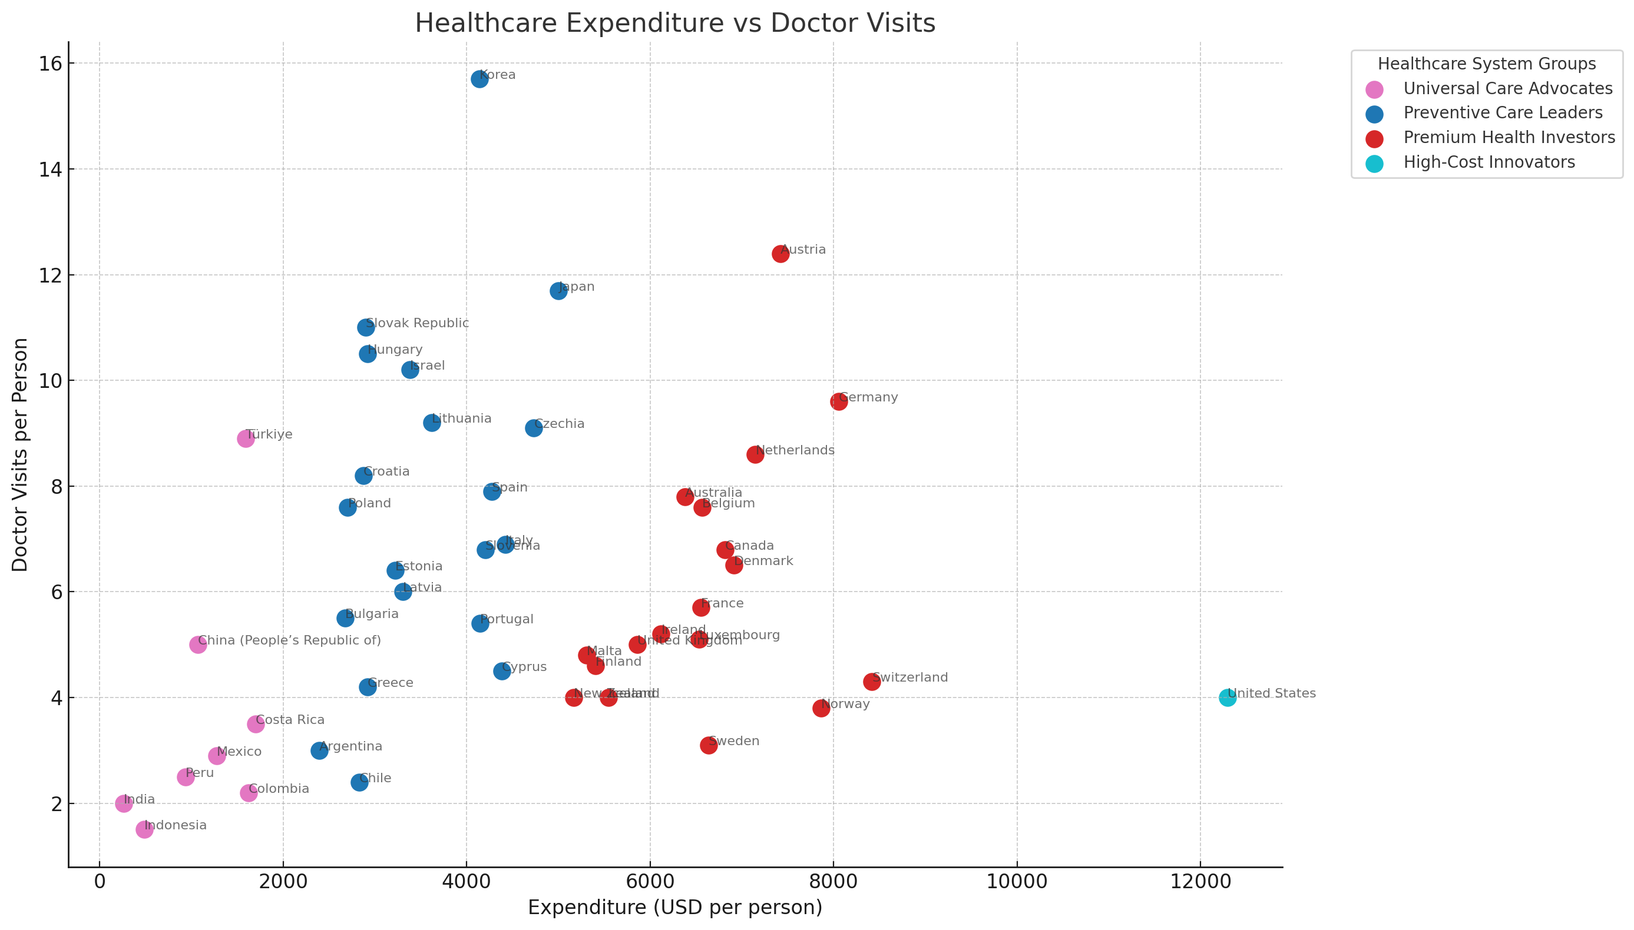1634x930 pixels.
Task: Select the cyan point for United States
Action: coord(1227,697)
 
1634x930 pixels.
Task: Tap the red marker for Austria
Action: coord(780,254)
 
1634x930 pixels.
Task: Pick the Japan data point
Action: coord(558,291)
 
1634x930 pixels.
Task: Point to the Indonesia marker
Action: coord(144,830)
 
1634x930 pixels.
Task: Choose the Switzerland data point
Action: coord(872,682)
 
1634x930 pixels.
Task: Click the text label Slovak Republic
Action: coord(417,323)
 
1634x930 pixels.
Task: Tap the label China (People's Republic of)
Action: coord(289,640)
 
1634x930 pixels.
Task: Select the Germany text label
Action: coord(868,397)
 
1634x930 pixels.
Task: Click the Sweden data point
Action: coord(709,745)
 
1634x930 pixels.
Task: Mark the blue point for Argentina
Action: coord(319,750)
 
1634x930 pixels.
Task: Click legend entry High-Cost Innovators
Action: coord(1489,162)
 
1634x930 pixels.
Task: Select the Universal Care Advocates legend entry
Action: coord(1507,88)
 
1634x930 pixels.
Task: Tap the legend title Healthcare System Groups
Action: coord(1486,64)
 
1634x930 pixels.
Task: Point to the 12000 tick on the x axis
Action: coord(1199,882)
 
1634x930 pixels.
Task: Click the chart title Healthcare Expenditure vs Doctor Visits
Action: coord(675,23)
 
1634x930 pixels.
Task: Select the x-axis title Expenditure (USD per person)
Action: coord(675,908)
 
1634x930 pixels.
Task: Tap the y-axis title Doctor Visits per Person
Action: coord(21,455)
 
